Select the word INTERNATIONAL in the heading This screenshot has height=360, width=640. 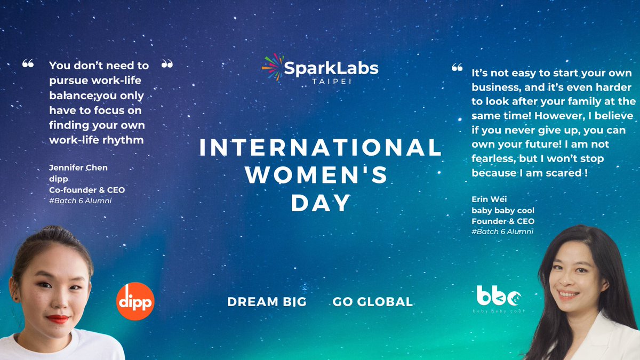(x=321, y=148)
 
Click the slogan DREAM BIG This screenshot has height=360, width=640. (x=267, y=302)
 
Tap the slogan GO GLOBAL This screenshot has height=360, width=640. (x=373, y=302)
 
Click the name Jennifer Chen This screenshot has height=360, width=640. (x=78, y=167)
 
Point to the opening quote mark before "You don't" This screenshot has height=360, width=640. (x=28, y=64)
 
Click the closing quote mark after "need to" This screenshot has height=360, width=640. (x=167, y=64)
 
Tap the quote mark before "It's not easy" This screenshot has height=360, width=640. (x=457, y=68)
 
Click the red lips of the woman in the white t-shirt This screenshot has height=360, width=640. (x=58, y=319)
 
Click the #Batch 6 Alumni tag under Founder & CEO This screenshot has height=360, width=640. (x=502, y=231)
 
